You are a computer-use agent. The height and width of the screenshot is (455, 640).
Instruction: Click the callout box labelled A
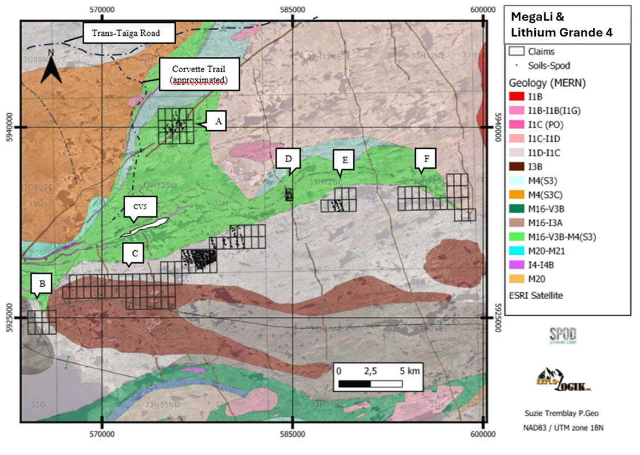218,121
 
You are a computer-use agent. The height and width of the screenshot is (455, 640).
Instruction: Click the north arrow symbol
51,67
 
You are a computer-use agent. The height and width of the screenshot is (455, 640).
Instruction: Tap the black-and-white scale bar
370,384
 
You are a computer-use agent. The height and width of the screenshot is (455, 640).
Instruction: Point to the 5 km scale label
409,371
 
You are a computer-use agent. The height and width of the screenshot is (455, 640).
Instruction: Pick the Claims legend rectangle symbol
516,51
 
